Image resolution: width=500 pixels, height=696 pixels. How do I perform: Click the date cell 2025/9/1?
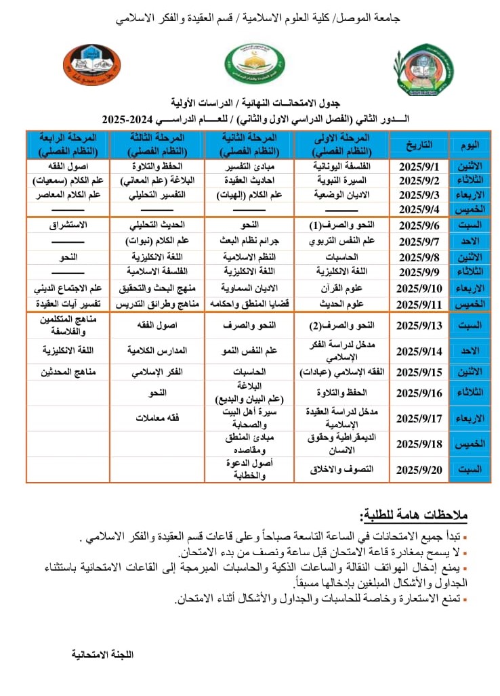point(419,166)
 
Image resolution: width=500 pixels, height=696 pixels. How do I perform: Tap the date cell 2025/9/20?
point(419,469)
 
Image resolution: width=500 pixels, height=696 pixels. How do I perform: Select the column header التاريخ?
point(419,145)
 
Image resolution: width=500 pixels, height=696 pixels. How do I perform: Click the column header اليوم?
point(470,145)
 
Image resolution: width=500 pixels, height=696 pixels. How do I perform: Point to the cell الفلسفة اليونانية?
point(341,166)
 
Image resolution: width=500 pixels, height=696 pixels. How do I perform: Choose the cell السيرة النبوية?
point(341,181)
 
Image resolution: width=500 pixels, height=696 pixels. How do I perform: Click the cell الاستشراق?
point(68,224)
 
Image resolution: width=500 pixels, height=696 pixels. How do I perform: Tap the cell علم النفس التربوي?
point(341,241)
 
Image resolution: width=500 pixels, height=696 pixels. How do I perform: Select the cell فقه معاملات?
point(157,418)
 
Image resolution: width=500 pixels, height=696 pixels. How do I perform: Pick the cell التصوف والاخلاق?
point(341,469)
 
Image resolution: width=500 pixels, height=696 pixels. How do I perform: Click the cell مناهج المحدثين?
point(68,372)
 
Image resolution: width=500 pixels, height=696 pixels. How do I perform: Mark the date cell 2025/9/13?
point(419,326)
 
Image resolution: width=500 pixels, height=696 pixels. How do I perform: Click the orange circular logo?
point(91,66)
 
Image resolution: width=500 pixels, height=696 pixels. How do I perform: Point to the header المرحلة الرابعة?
point(68,145)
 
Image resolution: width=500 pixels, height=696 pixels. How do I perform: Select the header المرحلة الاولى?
point(341,145)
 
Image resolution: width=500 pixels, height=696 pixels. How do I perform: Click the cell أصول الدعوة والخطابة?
point(249,469)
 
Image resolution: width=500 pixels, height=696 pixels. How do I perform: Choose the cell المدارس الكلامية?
point(157,351)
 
